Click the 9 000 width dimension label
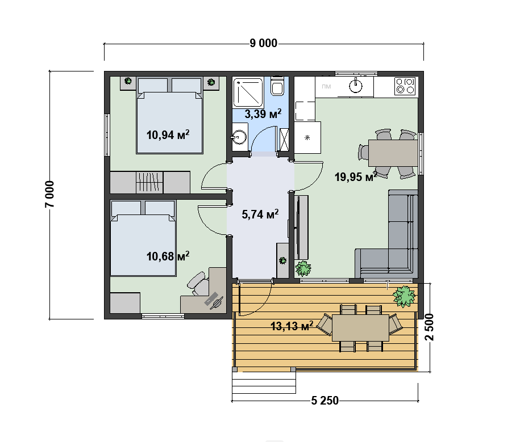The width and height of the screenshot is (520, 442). (x=263, y=43)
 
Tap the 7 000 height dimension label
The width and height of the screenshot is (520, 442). (x=49, y=195)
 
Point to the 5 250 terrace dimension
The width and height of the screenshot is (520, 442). (x=325, y=401)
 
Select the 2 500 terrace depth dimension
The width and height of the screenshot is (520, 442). (x=429, y=327)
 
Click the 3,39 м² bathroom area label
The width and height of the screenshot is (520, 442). (x=263, y=113)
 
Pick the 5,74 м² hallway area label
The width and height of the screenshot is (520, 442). (x=260, y=214)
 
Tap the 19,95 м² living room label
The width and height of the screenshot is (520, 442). (x=356, y=176)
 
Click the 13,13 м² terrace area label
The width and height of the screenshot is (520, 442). (x=292, y=326)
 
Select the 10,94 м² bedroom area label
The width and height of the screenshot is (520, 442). (x=168, y=134)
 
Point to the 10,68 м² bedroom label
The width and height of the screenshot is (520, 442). (x=168, y=256)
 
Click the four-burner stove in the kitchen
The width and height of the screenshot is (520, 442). (x=405, y=86)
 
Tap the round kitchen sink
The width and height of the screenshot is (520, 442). (x=356, y=86)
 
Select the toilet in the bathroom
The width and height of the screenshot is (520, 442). (x=277, y=86)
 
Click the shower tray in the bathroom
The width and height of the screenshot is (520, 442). (x=248, y=92)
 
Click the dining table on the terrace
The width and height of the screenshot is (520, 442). (x=360, y=328)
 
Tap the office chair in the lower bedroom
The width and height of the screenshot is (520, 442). (x=198, y=284)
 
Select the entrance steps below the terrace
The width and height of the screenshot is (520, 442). (x=264, y=383)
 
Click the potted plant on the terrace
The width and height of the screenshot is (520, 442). (x=404, y=296)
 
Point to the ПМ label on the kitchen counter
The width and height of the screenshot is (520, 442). (x=326, y=87)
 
